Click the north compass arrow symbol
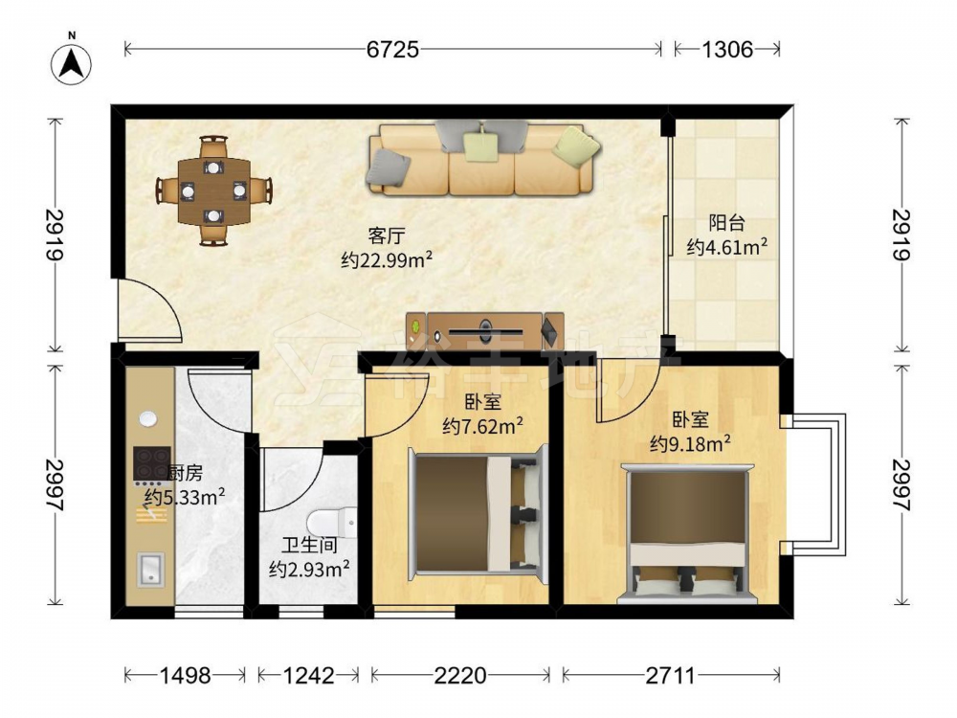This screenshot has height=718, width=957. tap(72, 63)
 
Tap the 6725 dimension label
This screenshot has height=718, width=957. tap(392, 49)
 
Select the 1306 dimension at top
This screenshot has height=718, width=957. tap(727, 49)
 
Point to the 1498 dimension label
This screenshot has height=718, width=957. tap(185, 675)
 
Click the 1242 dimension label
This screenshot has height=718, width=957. tap(308, 675)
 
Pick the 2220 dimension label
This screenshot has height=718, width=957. tap(460, 675)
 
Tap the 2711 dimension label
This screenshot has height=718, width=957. tap(670, 675)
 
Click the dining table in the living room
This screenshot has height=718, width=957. tap(213, 191)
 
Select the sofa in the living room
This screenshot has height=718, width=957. tap(482, 158)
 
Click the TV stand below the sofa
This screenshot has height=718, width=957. tap(486, 330)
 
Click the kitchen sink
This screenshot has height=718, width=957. tap(150, 569)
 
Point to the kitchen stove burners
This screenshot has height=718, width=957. tap(151, 463)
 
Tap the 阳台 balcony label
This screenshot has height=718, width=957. tap(726, 223)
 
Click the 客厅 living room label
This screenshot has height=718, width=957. tap(387, 236)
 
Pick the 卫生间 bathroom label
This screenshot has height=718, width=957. tap(309, 545)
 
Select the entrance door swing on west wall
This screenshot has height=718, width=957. tap(148, 309)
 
